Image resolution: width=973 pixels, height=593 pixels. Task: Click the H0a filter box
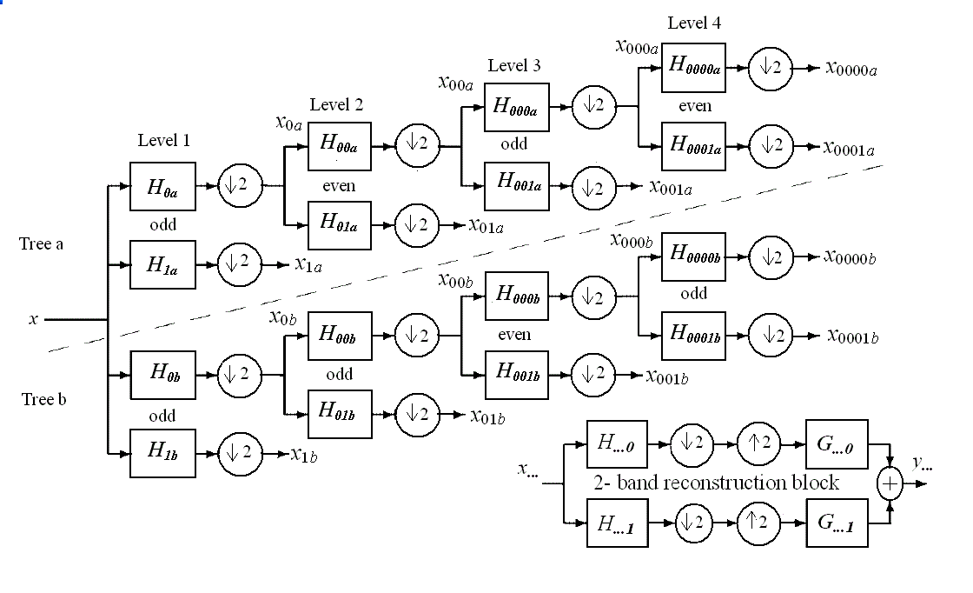[x=162, y=186]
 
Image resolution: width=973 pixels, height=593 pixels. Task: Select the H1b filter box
[x=162, y=453]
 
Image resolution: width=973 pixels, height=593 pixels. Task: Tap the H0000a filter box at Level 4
[x=693, y=67]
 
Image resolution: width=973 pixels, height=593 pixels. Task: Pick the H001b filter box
[x=517, y=375]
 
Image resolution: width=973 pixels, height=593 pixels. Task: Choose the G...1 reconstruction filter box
[x=837, y=523]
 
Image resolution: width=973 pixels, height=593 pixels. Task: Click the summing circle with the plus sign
[x=889, y=483]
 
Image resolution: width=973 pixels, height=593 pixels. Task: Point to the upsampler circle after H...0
[x=759, y=443]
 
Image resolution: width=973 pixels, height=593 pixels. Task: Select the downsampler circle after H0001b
[x=771, y=335]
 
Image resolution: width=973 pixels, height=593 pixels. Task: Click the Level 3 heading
[x=514, y=66]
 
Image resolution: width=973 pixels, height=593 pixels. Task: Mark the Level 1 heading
[x=163, y=140]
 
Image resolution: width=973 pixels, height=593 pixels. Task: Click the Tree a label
[x=42, y=244]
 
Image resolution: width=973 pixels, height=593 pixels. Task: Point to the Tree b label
[x=43, y=400]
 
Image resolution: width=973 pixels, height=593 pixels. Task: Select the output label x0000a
[x=851, y=69]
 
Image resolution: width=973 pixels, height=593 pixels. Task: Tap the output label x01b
[x=487, y=416]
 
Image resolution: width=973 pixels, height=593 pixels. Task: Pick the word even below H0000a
[x=695, y=106]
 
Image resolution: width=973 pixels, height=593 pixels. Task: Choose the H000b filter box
[x=517, y=296]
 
